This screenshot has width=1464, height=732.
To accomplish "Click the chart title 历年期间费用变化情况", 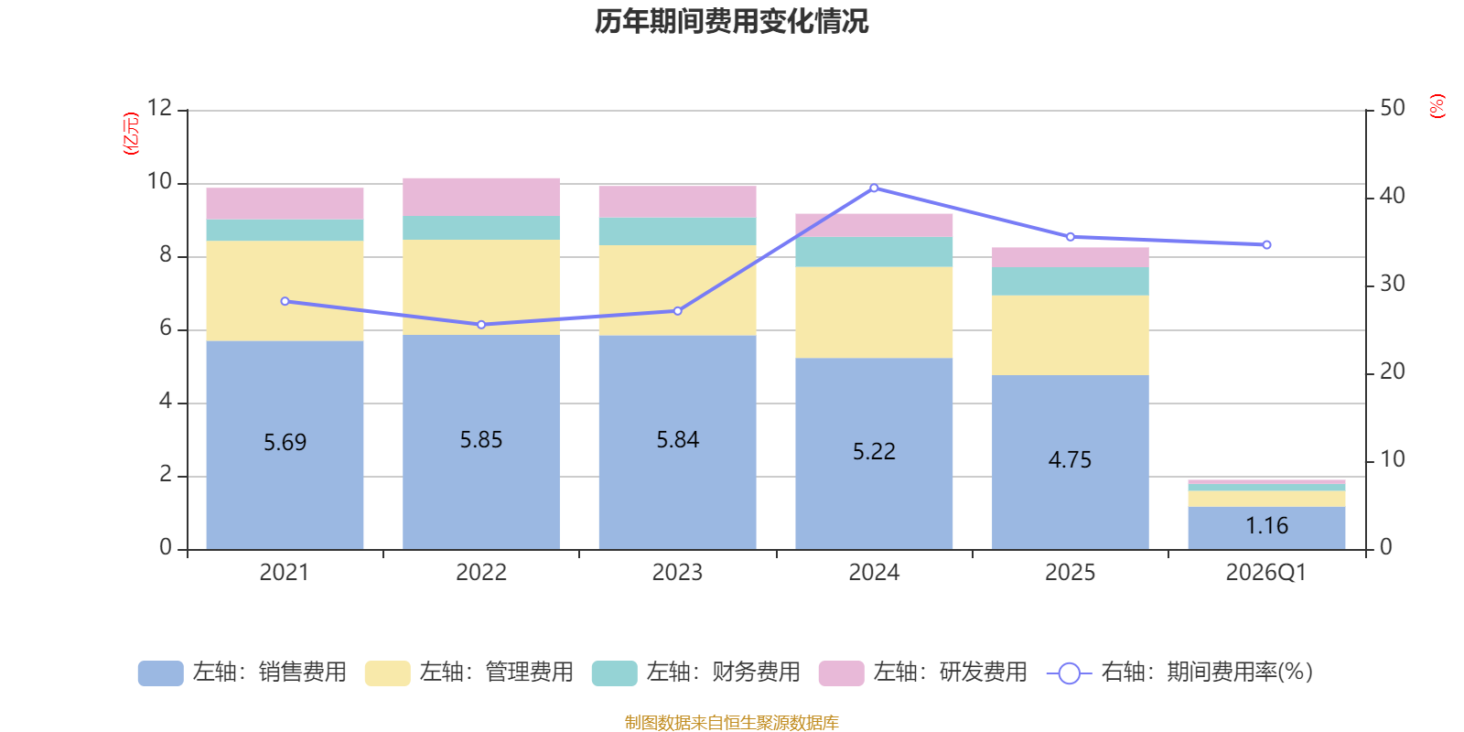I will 731,21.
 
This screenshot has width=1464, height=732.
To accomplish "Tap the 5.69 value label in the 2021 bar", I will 285,443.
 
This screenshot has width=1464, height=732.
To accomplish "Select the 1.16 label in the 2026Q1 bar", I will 1266,526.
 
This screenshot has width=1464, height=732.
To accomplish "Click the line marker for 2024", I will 874,188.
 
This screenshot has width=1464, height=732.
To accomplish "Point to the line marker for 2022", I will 481,325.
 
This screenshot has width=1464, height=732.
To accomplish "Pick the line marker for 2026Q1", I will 1266,245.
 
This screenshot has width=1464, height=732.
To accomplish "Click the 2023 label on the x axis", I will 677,573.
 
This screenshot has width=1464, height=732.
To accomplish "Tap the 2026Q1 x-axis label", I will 1265,573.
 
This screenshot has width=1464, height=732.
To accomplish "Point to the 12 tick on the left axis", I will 159,108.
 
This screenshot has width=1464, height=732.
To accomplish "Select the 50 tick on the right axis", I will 1392,108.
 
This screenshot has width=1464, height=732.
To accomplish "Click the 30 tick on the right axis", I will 1392,284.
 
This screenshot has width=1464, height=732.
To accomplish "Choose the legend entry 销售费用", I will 242,673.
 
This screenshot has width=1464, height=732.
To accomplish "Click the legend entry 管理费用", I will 469,673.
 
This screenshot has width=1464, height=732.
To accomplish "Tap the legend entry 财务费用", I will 696,673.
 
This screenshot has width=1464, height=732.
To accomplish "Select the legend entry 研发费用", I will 923,673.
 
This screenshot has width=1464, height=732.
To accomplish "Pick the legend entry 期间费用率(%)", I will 1180,673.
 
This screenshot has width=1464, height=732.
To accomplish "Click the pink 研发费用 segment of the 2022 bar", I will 481,197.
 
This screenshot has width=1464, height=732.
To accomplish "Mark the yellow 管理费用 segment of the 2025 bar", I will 1070,335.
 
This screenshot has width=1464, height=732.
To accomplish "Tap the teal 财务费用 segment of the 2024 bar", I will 874,253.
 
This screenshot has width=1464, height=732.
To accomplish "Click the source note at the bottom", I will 731,723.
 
